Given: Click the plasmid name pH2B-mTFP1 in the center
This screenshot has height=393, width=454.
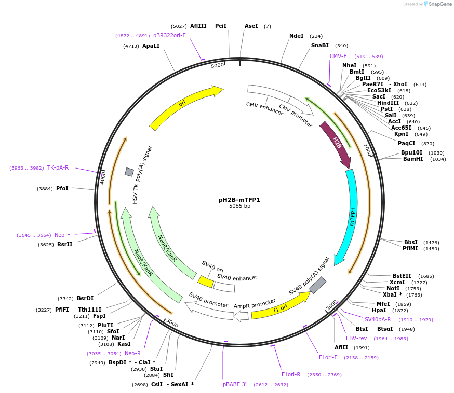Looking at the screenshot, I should tap(239, 199).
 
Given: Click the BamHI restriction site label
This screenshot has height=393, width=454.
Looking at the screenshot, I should tap(413, 159).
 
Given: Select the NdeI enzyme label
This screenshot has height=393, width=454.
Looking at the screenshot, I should tap(296, 36).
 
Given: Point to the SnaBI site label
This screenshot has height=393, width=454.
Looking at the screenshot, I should tap(319, 46).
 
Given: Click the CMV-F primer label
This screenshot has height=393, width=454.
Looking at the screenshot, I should tap(338, 56).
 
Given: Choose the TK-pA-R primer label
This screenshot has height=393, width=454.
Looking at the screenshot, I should tap(58, 167).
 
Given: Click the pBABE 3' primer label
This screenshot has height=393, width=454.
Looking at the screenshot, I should tap(234, 384).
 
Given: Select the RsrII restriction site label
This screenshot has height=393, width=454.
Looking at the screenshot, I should tap(65, 244).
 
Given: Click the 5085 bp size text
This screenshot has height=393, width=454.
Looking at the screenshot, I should tap(239, 206).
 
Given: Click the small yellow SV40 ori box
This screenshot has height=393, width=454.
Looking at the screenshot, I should tap(205, 282).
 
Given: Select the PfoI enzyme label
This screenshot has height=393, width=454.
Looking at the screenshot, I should tap(62, 188).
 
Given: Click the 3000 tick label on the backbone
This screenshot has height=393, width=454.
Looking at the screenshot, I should tap(172, 324).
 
